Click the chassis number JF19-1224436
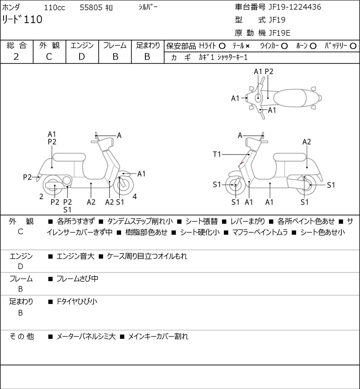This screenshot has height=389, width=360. (295, 7)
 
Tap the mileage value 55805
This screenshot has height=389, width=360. (91, 8)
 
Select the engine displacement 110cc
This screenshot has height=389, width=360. (54, 8)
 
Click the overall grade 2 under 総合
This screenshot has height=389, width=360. (16, 57)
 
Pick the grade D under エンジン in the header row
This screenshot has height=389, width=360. (82, 57)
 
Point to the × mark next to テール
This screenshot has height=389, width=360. (248, 46)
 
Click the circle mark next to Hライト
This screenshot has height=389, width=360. (222, 46)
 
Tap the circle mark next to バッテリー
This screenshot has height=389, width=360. (353, 46)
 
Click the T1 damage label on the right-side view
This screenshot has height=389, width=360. (217, 155)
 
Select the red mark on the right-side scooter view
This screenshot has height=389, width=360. (241, 164)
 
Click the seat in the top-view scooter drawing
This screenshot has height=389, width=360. (290, 98)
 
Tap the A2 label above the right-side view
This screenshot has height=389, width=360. (307, 142)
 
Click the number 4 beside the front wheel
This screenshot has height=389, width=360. (134, 196)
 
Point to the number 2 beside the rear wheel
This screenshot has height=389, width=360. (41, 196)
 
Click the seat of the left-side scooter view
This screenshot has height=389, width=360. (69, 157)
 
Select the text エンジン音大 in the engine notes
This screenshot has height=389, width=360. (75, 256)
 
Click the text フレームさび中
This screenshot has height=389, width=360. (77, 279)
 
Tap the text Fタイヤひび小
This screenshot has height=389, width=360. (77, 302)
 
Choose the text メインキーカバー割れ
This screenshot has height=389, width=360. (158, 336)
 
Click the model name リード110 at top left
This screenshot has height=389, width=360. (22, 19)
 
